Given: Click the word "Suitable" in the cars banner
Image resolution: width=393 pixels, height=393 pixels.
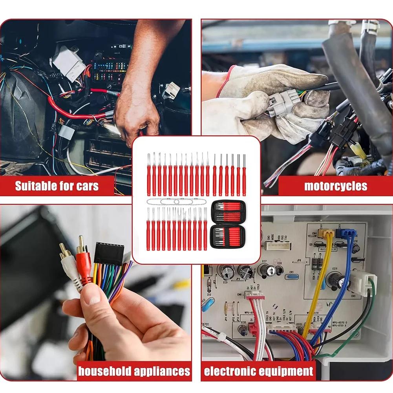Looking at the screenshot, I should [35, 186].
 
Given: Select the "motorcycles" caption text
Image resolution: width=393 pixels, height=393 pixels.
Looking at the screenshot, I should [336, 186].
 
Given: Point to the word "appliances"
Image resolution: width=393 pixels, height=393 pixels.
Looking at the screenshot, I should [163, 371].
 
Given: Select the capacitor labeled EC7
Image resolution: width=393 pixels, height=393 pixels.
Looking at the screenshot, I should [265, 270].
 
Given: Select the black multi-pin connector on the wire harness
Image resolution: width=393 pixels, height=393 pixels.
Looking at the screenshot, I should [109, 254].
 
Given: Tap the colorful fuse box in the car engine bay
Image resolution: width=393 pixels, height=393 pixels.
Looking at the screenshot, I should [109, 71].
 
